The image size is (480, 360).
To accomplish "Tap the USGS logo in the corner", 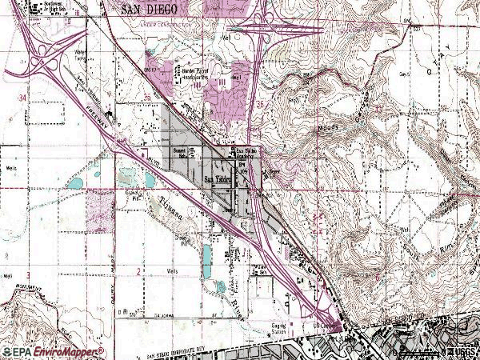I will click(462, 352).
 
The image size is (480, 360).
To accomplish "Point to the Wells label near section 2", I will click(171, 270).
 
